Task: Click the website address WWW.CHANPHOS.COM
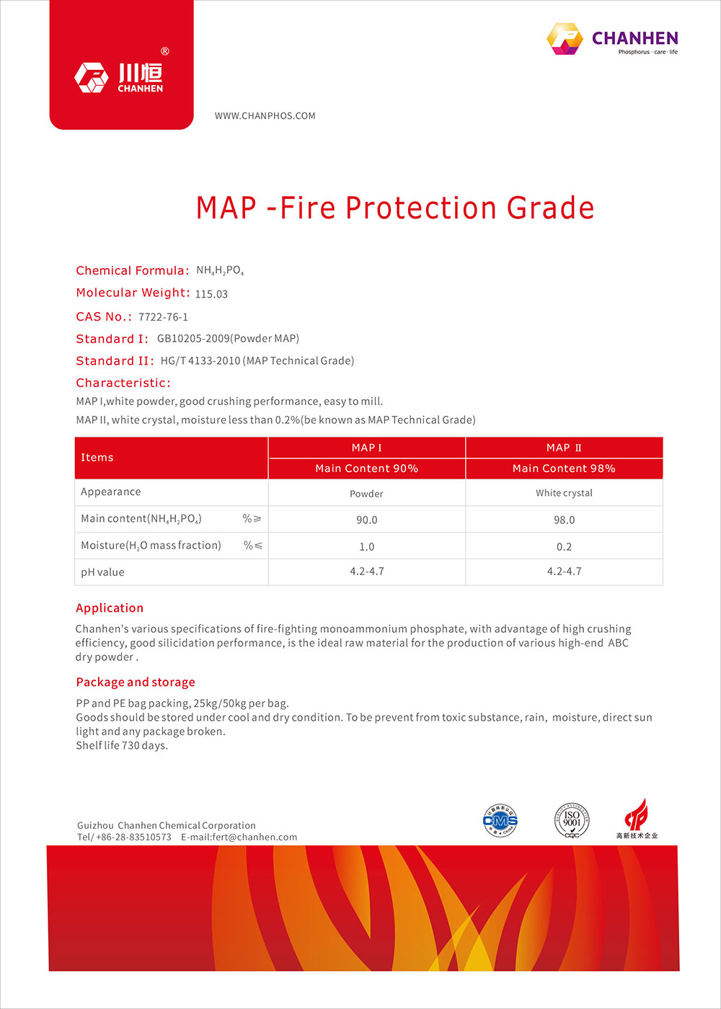[265, 116]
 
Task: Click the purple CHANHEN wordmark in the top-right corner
[634, 38]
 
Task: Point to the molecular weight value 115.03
[211, 294]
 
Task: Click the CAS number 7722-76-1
[163, 317]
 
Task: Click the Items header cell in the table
[97, 458]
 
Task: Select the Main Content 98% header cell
[564, 468]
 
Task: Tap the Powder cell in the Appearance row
[366, 494]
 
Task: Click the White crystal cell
[564, 493]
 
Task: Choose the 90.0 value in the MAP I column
[366, 520]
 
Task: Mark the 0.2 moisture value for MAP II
[564, 547]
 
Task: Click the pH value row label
[102, 572]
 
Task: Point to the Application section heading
[110, 608]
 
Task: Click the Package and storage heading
[136, 683]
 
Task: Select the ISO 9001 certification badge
[572, 820]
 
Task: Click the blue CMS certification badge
[500, 821]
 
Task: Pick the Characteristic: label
[123, 383]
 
